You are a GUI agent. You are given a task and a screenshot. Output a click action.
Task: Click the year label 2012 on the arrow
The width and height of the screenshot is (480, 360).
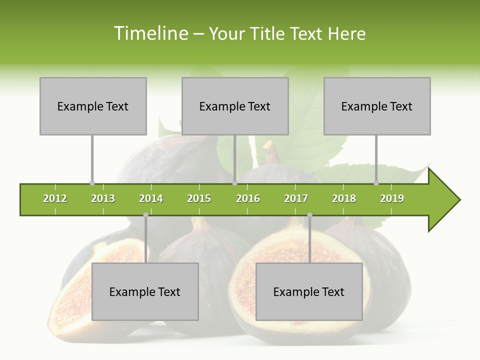tap(55, 198)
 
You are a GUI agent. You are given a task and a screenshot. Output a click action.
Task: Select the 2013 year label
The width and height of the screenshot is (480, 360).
tap(103, 198)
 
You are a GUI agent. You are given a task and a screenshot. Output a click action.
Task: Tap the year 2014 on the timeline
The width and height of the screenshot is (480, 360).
tap(151, 198)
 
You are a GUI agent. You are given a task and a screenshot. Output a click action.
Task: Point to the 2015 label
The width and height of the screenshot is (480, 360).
tap(199, 198)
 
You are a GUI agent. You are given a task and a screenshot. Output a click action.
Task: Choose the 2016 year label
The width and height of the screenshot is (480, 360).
tap(248, 198)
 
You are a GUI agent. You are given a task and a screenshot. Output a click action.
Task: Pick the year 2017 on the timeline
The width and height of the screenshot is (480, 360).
tap(296, 198)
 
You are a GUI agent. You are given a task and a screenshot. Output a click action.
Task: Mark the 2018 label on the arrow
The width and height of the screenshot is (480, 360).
tap(344, 198)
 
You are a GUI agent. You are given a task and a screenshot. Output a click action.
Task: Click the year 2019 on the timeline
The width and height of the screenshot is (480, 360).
tap(392, 198)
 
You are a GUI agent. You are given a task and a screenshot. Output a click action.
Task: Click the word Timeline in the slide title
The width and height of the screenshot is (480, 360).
tap(150, 33)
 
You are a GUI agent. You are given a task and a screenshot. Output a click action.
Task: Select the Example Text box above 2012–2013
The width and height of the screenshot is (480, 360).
tap(93, 106)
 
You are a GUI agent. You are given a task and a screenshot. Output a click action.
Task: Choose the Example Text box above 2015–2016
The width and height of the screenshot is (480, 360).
tap(235, 106)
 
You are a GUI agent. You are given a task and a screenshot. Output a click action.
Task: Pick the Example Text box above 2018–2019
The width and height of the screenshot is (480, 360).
tap(377, 106)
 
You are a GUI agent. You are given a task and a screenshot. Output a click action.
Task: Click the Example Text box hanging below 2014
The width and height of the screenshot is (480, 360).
tap(145, 291)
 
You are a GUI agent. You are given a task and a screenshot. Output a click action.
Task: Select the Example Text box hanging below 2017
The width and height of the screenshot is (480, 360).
tap(309, 291)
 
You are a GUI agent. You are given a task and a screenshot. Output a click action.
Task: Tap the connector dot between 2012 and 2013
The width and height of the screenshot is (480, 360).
tap(92, 183)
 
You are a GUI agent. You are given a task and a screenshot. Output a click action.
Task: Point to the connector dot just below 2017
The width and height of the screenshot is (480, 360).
tap(309, 215)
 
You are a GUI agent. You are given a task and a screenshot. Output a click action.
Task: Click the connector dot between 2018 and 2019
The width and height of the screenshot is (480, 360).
tap(376, 183)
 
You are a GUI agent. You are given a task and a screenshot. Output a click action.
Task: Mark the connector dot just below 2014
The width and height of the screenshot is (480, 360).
tap(145, 215)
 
